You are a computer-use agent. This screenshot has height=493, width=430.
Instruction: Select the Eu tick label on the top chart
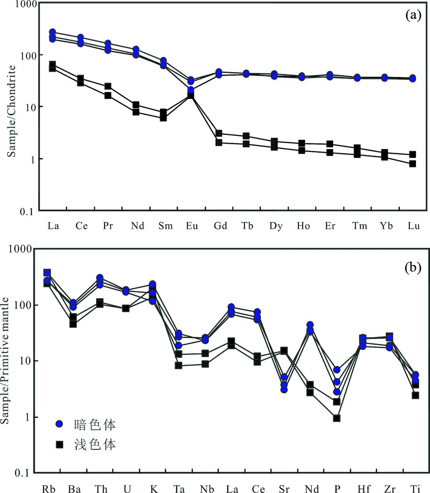(x=192, y=227)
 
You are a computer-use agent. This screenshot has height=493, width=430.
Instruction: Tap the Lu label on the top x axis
(x=413, y=227)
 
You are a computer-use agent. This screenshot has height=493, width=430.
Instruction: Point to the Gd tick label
(x=220, y=227)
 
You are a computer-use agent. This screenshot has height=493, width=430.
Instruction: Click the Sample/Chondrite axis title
(x=12, y=111)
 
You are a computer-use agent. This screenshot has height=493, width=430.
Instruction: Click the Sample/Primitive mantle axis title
(x=6, y=360)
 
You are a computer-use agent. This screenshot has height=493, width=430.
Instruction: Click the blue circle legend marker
(x=60, y=424)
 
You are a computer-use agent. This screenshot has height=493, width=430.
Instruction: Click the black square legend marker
(x=60, y=445)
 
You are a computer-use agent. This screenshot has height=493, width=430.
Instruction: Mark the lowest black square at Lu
(x=412, y=164)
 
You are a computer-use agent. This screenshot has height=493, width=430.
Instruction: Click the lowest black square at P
(x=337, y=418)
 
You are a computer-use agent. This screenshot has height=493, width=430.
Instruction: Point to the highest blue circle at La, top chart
(x=53, y=32)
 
